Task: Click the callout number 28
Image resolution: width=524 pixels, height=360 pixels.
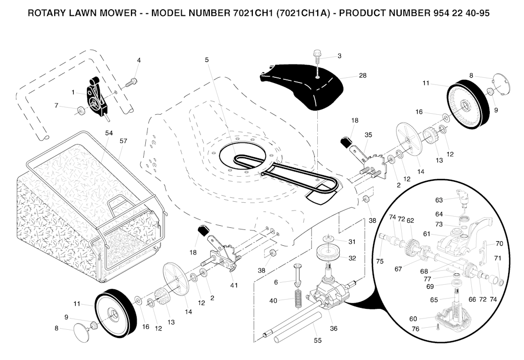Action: click(x=362, y=75)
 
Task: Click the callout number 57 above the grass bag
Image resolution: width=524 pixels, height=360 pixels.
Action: click(x=123, y=140)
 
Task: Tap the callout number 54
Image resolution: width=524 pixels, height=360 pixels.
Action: click(x=108, y=133)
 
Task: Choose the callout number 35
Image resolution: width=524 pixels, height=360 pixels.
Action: click(x=368, y=135)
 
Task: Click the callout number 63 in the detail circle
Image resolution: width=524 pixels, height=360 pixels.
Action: click(x=439, y=200)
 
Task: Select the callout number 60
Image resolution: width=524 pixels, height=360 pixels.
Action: click(x=413, y=319)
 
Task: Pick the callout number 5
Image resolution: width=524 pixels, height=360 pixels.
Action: click(x=207, y=60)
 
